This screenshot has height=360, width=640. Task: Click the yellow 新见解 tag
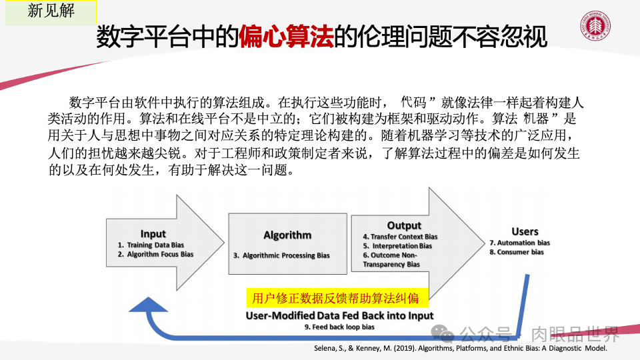(51, 13)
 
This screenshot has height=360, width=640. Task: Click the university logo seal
(596, 31)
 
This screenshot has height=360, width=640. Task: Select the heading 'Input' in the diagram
(153, 234)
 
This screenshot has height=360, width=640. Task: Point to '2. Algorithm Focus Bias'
(155, 254)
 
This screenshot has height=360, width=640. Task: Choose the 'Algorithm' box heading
(287, 235)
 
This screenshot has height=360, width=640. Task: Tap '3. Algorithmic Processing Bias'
(281, 255)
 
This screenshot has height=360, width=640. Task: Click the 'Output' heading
(404, 225)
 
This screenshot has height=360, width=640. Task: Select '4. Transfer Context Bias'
(400, 237)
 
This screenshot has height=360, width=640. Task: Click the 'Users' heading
(525, 232)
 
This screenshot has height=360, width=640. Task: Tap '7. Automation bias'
(519, 243)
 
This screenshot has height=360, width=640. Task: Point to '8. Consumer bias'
(516, 252)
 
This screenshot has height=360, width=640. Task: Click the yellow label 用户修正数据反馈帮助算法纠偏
(332, 298)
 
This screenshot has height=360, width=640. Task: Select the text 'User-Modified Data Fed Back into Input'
(339, 315)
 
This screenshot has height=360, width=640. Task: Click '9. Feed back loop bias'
(339, 327)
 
